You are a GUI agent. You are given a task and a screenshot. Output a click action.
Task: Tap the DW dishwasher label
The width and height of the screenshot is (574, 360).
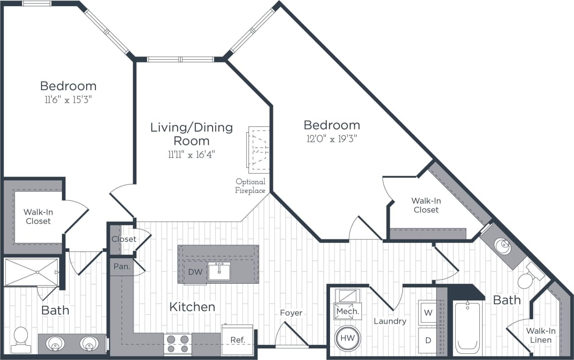coord(195,272)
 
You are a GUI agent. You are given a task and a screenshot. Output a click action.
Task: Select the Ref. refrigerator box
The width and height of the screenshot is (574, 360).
coord(238,340)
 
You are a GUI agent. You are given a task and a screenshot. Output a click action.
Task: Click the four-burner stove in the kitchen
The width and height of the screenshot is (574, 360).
coord(178,344)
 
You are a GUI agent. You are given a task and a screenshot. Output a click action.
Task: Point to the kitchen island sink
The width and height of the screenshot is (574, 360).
coord(219,272)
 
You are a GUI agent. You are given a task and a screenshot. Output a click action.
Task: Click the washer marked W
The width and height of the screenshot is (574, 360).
coord(428,312)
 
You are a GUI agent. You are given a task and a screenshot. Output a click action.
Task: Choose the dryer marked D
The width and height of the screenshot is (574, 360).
coord(428,340)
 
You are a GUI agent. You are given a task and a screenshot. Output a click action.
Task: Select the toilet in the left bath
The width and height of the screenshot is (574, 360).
coord(21,339)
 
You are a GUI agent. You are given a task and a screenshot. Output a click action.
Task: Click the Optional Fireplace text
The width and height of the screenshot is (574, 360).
coord(250,186)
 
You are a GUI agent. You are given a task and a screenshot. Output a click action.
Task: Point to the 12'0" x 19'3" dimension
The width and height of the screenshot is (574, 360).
coord(331,139)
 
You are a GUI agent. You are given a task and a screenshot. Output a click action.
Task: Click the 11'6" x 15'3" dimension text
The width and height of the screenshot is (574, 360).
coord(68,100)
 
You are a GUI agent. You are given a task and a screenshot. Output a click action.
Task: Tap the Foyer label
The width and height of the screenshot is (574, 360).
coord(291,313)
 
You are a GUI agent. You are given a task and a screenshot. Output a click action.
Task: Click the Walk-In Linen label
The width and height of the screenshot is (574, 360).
coord(541,335)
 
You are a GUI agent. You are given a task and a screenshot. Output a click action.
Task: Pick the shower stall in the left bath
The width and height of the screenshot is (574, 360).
coord(31,272)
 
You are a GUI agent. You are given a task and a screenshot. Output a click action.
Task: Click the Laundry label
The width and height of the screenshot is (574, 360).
coord(390,321)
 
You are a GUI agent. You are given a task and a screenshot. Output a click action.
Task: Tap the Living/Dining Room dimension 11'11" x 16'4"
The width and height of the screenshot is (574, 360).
coord(191,155)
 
